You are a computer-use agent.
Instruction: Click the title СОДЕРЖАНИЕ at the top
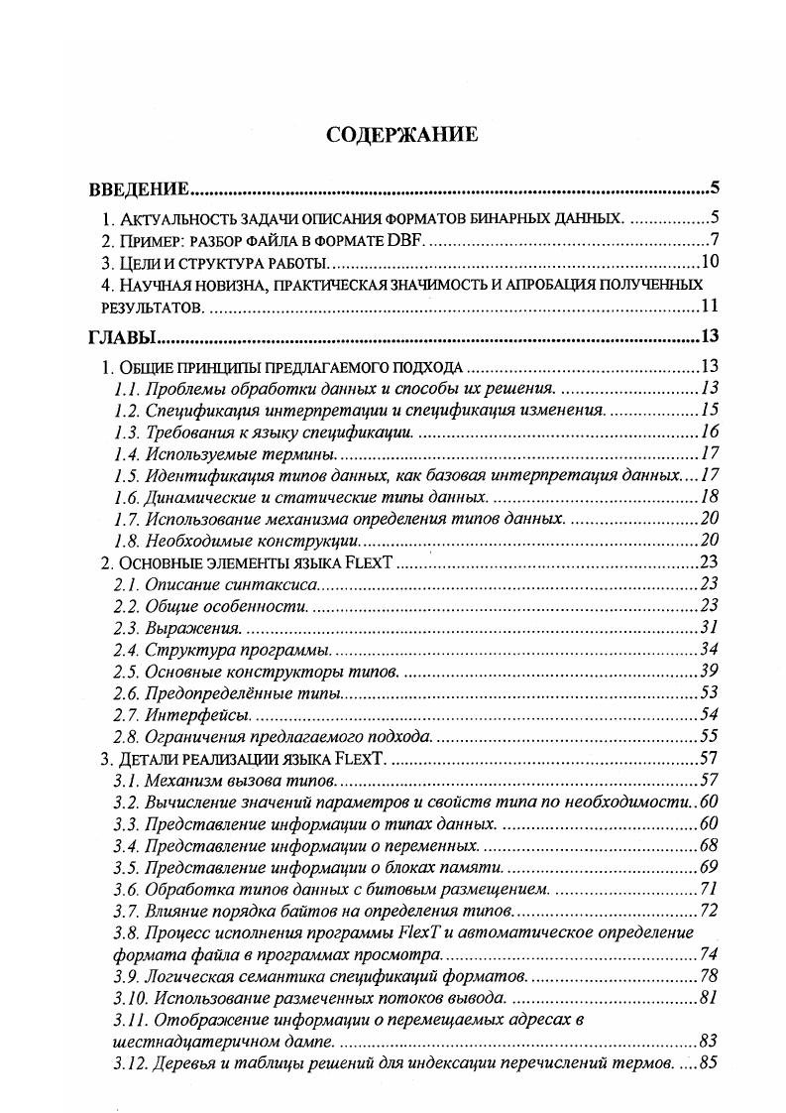point(401,135)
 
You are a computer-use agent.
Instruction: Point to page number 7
point(714,241)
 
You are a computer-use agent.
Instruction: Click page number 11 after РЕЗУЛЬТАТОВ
point(710,307)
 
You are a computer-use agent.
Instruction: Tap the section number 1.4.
point(126,453)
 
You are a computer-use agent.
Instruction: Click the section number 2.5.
point(126,672)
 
